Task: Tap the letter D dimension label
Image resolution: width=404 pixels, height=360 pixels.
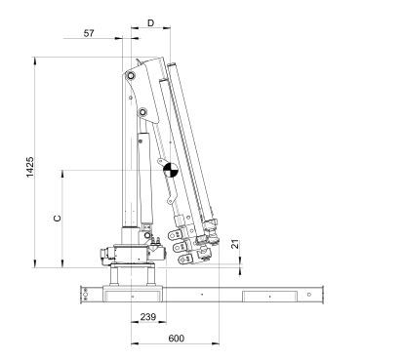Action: pyautogui.click(x=150, y=21)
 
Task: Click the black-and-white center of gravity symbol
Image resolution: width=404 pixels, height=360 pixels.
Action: pyautogui.click(x=170, y=170)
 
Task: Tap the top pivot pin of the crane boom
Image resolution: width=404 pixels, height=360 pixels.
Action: pyautogui.click(x=128, y=75)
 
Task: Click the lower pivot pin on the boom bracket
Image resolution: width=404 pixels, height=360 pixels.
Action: pyautogui.click(x=143, y=114)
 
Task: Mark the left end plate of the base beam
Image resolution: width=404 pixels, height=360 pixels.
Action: pyautogui.click(x=86, y=292)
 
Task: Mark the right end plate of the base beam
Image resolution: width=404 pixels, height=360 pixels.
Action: pyautogui.click(x=312, y=292)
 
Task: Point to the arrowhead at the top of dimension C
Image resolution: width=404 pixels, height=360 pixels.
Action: pyautogui.click(x=64, y=173)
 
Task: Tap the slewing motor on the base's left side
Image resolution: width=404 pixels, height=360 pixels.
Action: pyautogui.click(x=105, y=258)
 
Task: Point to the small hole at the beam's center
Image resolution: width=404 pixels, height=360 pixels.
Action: pyautogui.click(x=200, y=293)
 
